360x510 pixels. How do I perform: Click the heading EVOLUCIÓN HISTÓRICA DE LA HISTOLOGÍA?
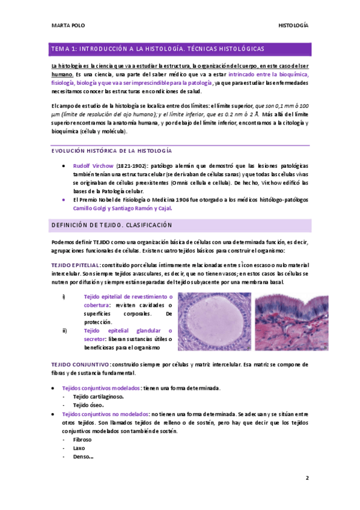click(111, 150)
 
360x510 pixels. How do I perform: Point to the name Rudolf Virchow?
click(92, 165)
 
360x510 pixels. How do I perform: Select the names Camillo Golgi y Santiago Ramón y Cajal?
click(122, 208)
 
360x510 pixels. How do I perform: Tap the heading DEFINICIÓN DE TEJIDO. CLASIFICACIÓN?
click(112, 225)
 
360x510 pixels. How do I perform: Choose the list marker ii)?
click(65, 330)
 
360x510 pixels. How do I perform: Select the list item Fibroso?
click(82, 440)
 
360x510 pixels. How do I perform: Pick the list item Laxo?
click(79, 448)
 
